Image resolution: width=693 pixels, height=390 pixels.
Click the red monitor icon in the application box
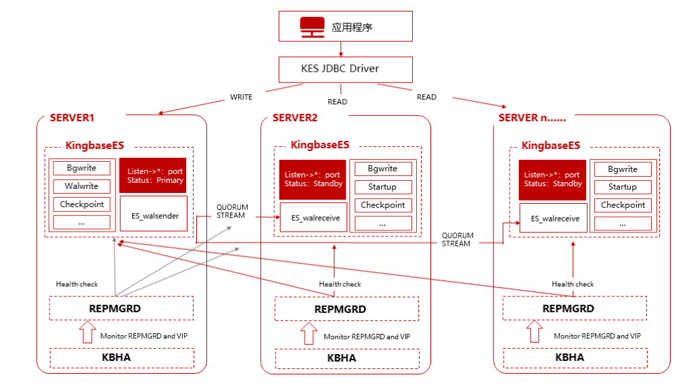[312, 27]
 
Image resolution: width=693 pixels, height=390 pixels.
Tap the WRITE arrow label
[241, 97]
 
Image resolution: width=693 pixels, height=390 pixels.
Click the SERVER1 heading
[72, 118]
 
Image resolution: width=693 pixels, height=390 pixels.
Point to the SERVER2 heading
[295, 118]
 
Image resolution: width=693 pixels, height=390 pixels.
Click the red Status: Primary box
[154, 176]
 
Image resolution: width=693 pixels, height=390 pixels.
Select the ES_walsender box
[154, 214]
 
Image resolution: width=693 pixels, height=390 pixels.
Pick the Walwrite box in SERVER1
[82, 186]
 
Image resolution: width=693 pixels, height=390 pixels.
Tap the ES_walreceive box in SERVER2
[313, 217]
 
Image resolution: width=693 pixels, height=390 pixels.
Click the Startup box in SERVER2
[382, 187]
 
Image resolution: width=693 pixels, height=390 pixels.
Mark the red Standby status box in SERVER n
[552, 179]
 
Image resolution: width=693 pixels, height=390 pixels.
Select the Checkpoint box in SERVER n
[622, 205]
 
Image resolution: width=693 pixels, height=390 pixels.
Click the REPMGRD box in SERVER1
[121, 308]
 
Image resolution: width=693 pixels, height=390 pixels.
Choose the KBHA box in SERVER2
[342, 358]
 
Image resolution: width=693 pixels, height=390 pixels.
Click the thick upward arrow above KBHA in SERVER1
[87, 333]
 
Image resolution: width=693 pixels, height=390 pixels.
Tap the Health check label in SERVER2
[340, 284]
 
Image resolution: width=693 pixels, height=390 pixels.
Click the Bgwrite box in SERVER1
[82, 168]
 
